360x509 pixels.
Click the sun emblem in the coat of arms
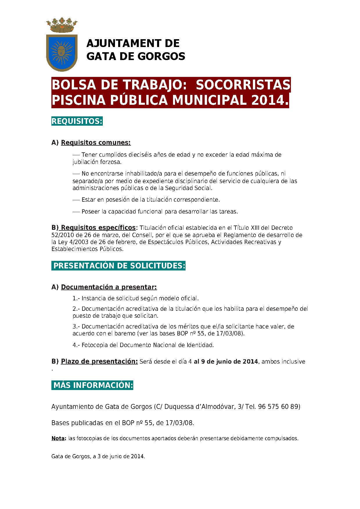pos(62,51)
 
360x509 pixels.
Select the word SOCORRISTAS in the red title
pos(243,85)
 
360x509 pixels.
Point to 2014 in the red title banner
pos(269,100)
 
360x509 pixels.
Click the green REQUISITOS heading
pos(77,121)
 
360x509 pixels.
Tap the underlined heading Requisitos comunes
pos(96,143)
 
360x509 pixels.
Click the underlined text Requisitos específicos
pos(98,228)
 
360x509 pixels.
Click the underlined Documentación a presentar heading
pos(109,287)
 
